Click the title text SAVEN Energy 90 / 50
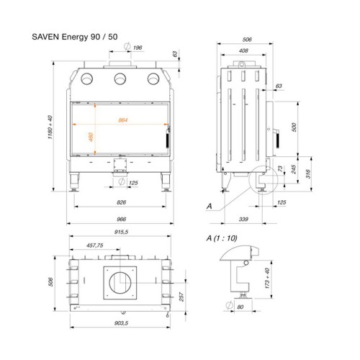point(75,37)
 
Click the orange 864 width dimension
point(123,120)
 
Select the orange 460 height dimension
point(91,137)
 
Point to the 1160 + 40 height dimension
point(50,127)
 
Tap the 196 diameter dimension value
point(138,48)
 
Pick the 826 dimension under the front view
point(121,202)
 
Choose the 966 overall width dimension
point(121,219)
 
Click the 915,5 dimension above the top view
point(121,232)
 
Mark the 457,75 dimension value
point(95,246)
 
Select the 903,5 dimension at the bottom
point(121,323)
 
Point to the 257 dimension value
point(181,297)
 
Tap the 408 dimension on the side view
point(243,50)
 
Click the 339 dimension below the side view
point(243,219)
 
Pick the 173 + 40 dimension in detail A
point(267,279)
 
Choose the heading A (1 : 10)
point(222,238)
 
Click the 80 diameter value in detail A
point(240,307)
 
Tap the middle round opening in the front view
point(120,78)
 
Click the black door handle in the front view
point(167,140)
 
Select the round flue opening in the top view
point(120,283)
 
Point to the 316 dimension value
point(308,174)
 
